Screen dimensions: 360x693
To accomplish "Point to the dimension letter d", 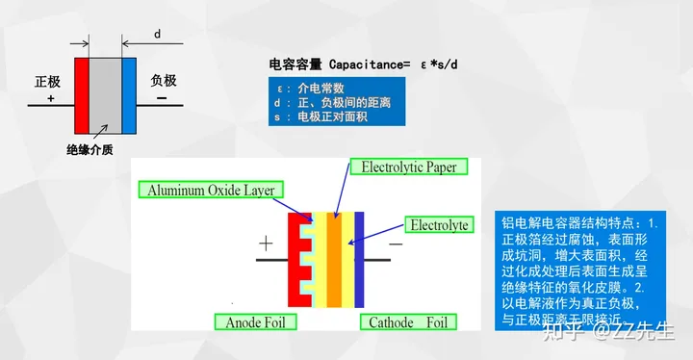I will (158, 35).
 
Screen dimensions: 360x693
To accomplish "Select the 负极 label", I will (164, 81).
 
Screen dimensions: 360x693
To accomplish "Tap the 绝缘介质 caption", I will (90, 150).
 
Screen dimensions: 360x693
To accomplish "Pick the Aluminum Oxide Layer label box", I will (211, 190).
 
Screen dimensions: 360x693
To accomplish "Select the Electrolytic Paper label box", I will (408, 167).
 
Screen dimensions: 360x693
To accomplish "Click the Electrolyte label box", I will (439, 225).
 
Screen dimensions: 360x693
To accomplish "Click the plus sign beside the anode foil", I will (266, 244).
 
